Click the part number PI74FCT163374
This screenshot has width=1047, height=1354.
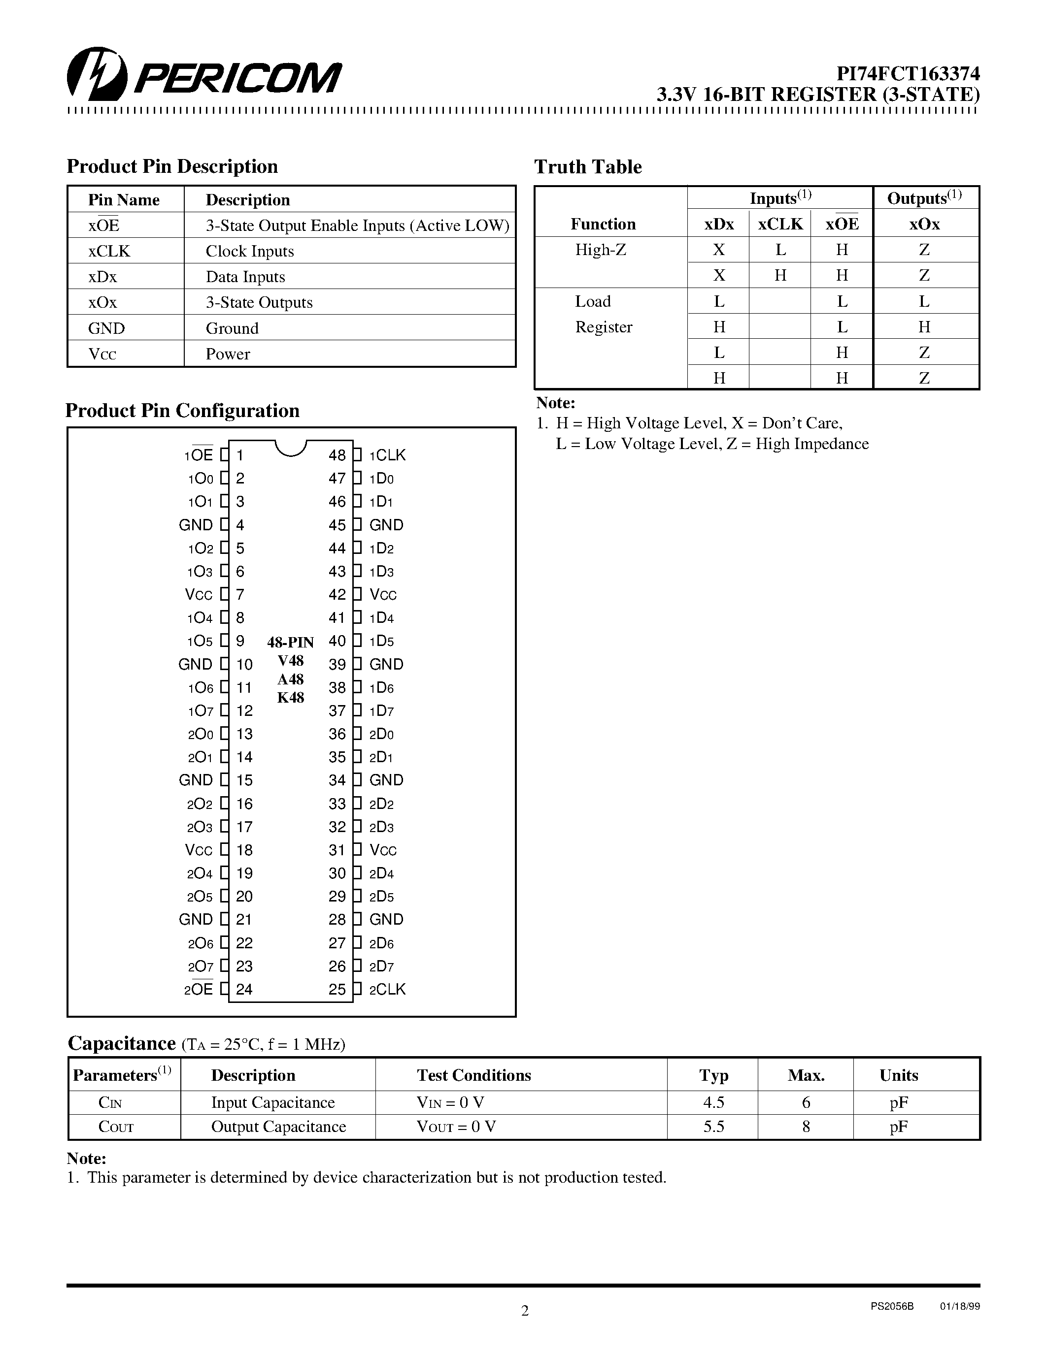point(908,74)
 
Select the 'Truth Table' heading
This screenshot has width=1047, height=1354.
point(587,167)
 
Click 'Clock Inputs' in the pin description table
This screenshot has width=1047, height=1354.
point(249,251)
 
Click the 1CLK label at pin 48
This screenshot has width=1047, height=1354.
point(387,455)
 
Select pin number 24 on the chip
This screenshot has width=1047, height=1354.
point(244,990)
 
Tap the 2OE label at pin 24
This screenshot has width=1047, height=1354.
point(199,990)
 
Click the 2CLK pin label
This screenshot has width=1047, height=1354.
point(387,990)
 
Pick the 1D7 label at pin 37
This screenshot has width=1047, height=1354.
point(381,711)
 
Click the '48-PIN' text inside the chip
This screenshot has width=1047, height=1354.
point(290,642)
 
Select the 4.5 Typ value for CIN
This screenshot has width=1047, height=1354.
point(713,1102)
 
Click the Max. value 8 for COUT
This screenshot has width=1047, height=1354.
point(806,1127)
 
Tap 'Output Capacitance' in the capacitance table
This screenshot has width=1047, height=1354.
point(278,1127)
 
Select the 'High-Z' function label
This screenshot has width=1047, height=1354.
point(601,250)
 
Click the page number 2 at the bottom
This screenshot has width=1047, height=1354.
point(525,1311)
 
